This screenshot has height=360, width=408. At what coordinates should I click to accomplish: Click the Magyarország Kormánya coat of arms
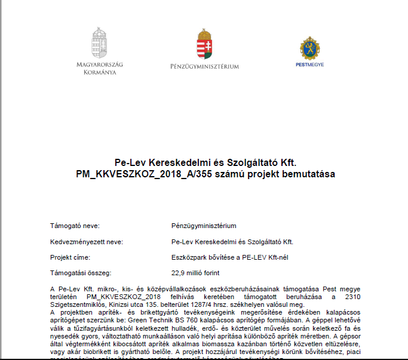pyautogui.click(x=100, y=42)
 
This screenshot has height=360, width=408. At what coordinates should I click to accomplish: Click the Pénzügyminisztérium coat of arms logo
pyautogui.click(x=204, y=44)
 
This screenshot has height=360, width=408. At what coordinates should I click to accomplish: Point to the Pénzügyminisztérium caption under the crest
pyautogui.click(x=204, y=66)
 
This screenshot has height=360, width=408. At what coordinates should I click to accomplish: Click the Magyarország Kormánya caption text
pyautogui.click(x=100, y=68)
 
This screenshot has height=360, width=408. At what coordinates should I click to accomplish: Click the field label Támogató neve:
pyautogui.click(x=75, y=226)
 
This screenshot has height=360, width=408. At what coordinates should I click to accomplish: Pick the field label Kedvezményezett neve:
pyautogui.click(x=86, y=242)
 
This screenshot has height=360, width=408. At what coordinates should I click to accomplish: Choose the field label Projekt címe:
pyautogui.click(x=70, y=257)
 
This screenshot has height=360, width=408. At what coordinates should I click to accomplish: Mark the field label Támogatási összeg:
pyautogui.click(x=81, y=273)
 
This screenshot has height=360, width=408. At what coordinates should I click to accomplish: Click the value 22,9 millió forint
pyautogui.click(x=195, y=273)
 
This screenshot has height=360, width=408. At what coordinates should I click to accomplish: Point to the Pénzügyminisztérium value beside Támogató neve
pyautogui.click(x=204, y=226)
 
